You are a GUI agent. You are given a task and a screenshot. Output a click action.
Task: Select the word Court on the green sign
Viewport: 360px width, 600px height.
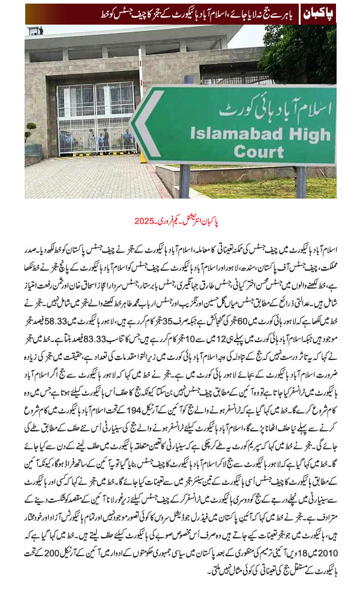pos(259,152)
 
